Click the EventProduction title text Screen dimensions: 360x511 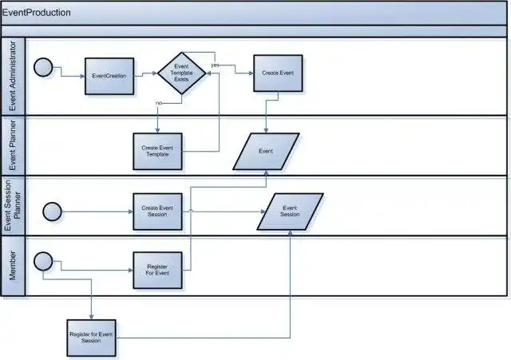click(x=37, y=13)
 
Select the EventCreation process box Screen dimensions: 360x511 click(x=109, y=76)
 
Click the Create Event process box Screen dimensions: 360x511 click(x=277, y=73)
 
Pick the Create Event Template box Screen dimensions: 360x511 click(x=158, y=151)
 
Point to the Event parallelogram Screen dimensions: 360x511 click(x=266, y=151)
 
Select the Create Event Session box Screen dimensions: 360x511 click(x=157, y=211)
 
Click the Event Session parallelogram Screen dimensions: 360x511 click(x=290, y=212)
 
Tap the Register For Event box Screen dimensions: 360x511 click(x=157, y=268)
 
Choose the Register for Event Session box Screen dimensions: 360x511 click(x=92, y=336)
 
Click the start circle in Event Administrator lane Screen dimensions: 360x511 click(x=43, y=66)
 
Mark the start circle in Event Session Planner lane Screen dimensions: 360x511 click(x=52, y=212)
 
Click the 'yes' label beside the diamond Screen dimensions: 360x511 click(x=216, y=64)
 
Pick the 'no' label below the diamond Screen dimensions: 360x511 click(x=158, y=102)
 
